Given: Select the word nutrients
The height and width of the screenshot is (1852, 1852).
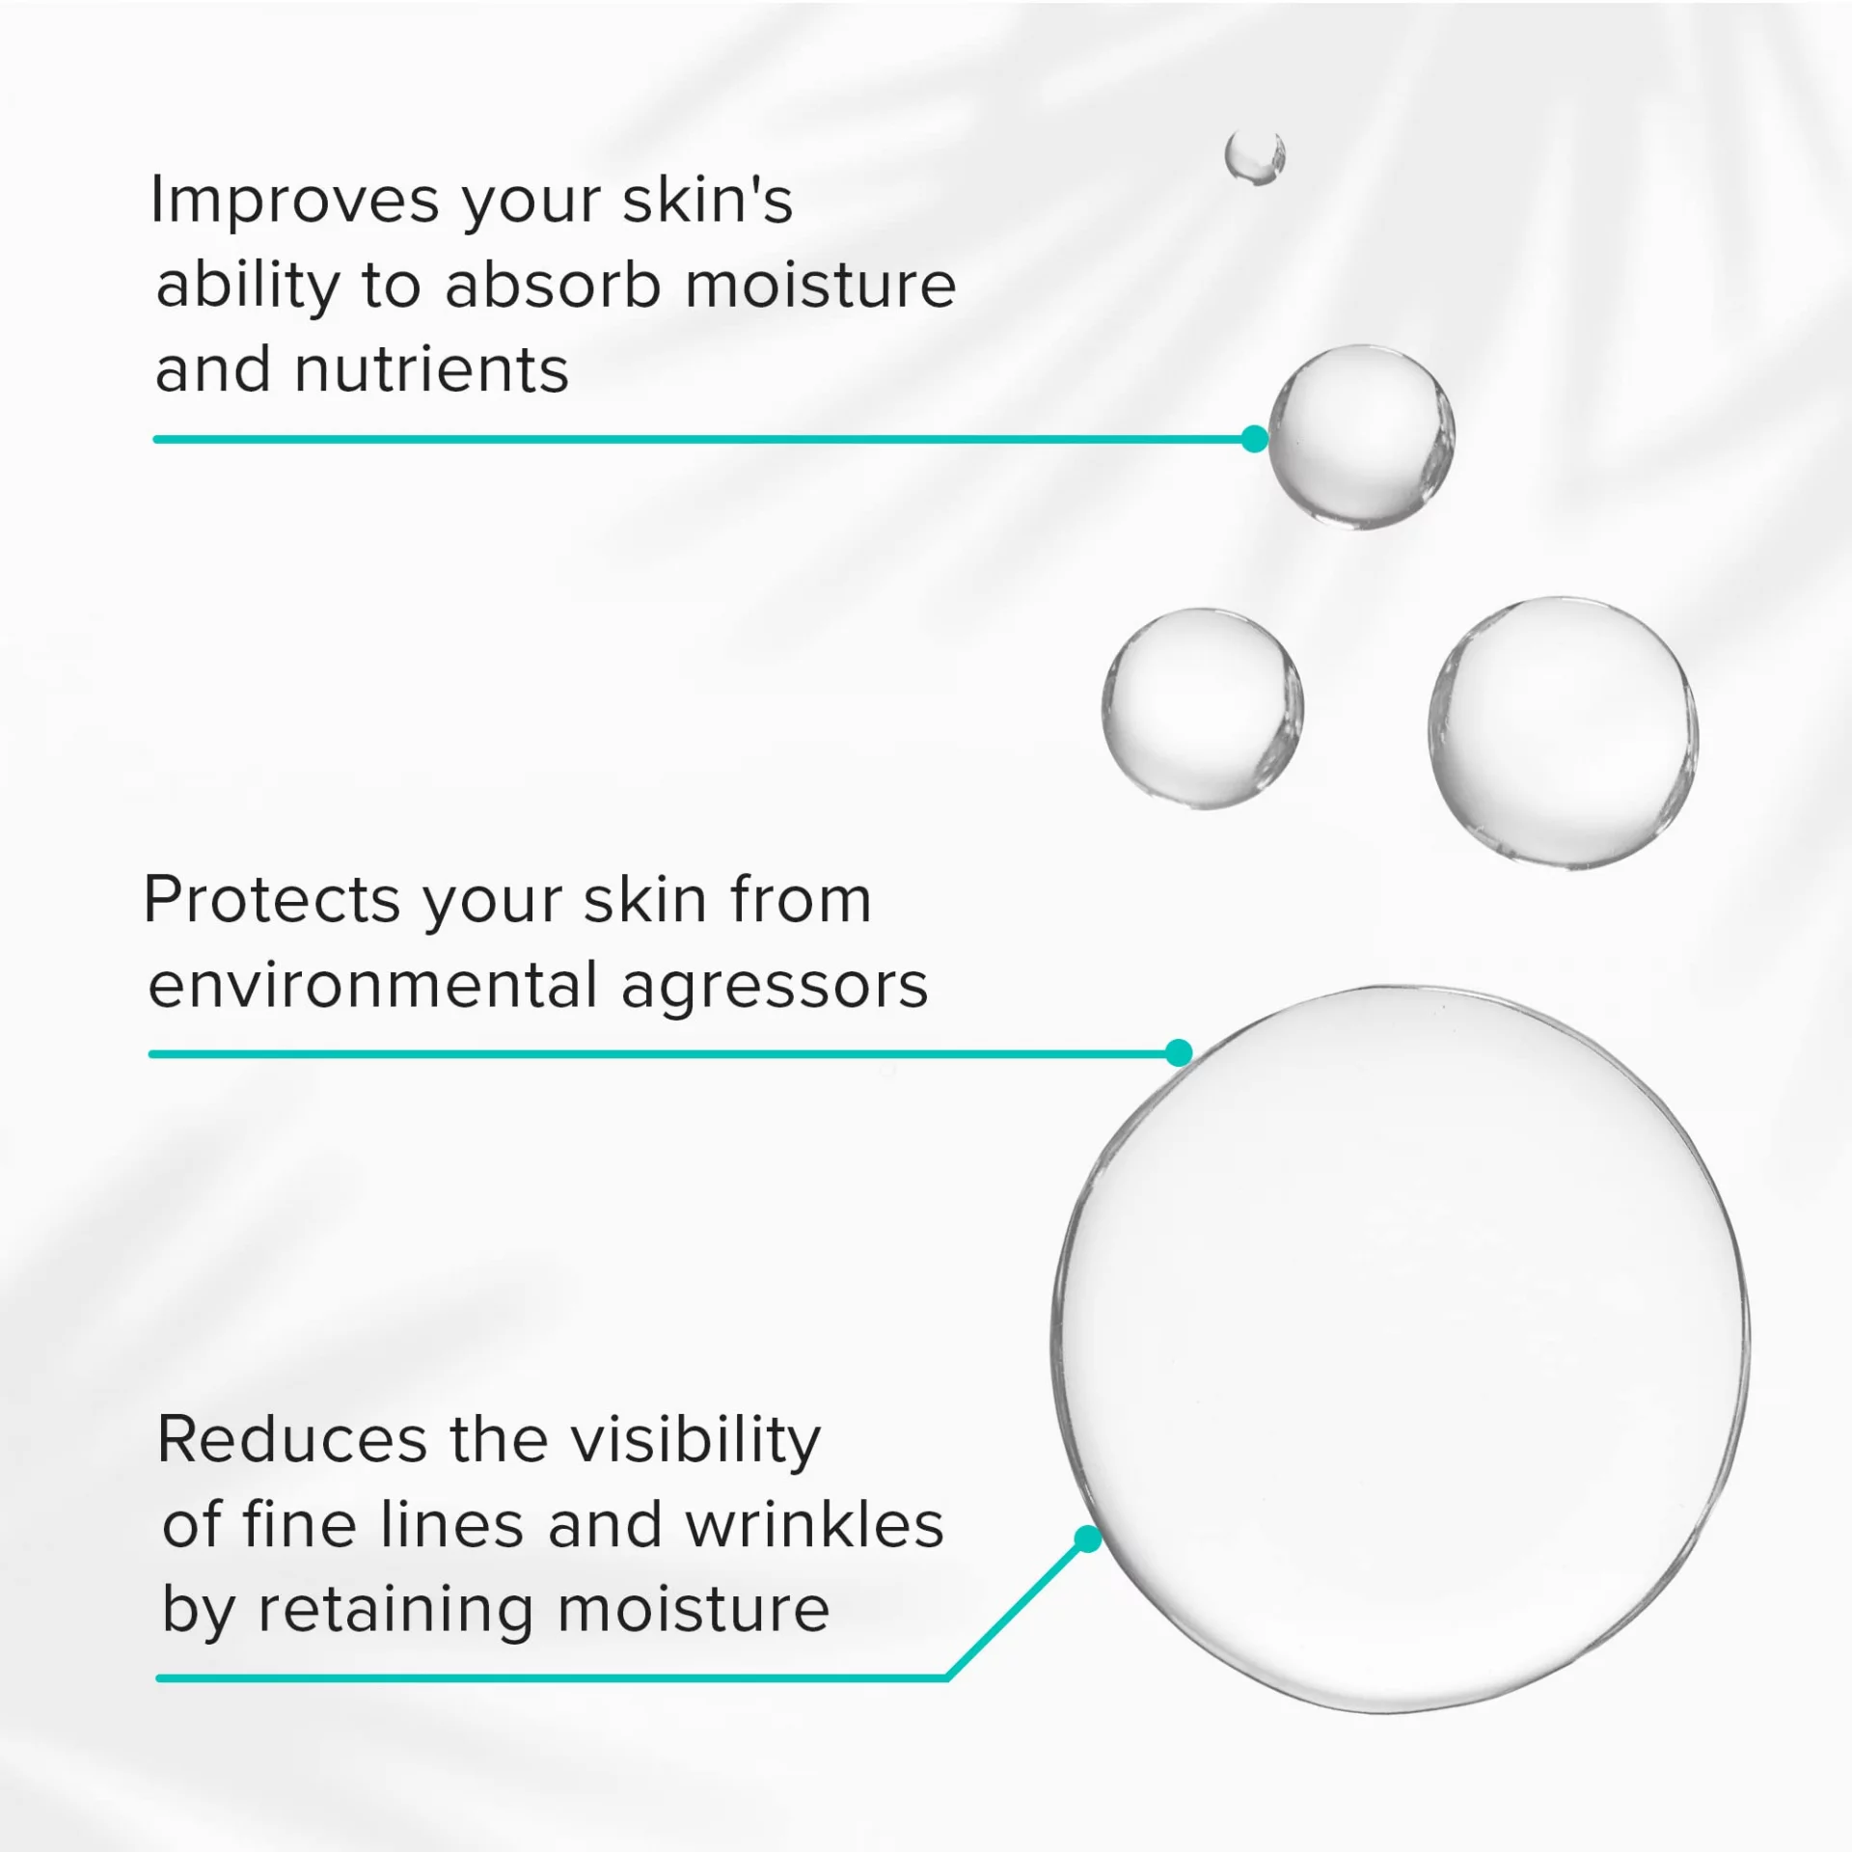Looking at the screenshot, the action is click(431, 370).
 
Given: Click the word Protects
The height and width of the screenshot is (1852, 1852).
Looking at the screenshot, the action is click(271, 900).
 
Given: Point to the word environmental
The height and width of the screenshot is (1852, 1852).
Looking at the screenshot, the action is click(373, 985).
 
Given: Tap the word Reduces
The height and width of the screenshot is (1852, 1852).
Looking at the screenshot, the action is click(292, 1440).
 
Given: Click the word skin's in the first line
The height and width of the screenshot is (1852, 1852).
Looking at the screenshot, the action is click(708, 200).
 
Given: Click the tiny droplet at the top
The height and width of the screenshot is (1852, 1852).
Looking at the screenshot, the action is click(1255, 156).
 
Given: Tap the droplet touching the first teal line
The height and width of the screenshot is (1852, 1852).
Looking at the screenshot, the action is click(1361, 436).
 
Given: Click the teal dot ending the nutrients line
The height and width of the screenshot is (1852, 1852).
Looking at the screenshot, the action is click(1254, 439).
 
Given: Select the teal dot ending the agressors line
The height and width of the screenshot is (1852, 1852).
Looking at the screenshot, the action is click(1179, 1052).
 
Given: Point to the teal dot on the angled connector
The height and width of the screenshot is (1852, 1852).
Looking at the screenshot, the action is click(1088, 1539).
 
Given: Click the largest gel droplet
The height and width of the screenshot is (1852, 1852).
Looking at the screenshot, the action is click(1401, 1349).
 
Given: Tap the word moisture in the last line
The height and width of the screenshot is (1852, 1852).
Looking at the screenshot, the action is click(693, 1610).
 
